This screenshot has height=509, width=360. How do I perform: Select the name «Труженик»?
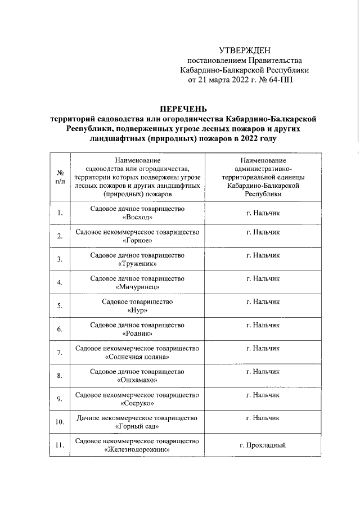tap(137, 263)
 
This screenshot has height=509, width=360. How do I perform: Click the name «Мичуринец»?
tap(137, 287)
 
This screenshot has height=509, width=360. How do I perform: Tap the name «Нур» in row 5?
tap(137, 310)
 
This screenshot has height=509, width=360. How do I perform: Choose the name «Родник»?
tap(137, 334)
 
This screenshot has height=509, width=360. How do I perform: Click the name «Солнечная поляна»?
tap(137, 357)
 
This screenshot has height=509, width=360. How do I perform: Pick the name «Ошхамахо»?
tap(137, 380)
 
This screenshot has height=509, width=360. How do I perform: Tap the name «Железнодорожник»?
tap(137, 450)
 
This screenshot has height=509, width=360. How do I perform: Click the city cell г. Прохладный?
tap(263, 445)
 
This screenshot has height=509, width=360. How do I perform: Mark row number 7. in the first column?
tap(59, 353)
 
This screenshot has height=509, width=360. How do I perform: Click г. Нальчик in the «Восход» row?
tap(263, 213)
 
